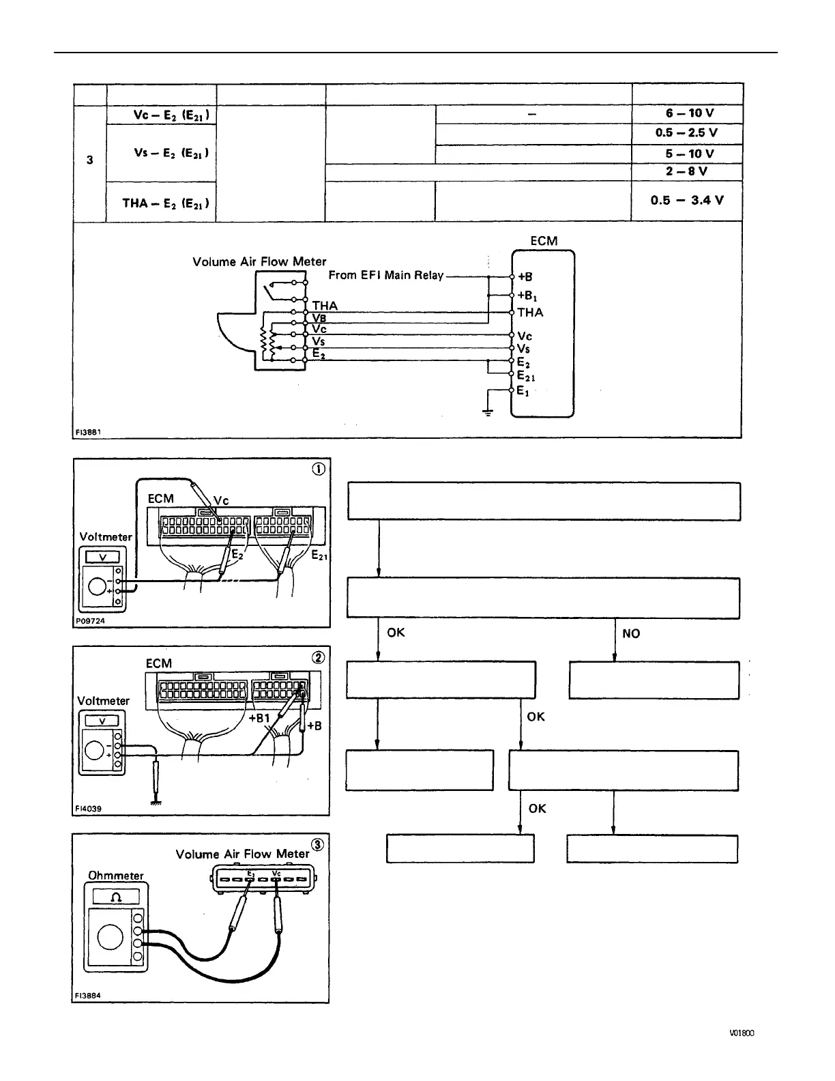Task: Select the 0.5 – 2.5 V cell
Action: click(686, 133)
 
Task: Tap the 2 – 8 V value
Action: click(686, 171)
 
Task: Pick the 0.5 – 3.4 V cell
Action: click(686, 200)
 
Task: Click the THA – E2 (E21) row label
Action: click(166, 203)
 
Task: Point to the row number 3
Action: click(90, 160)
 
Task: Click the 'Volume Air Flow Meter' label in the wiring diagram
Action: click(259, 261)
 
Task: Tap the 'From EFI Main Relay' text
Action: click(385, 275)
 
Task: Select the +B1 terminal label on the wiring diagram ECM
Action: click(527, 296)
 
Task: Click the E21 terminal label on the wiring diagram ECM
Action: click(526, 376)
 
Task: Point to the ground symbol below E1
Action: click(488, 412)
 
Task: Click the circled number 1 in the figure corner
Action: click(318, 469)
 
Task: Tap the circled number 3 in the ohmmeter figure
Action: click(317, 845)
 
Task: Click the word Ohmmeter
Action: click(116, 876)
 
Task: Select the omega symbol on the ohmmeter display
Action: click(116, 896)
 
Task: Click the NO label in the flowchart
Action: click(631, 633)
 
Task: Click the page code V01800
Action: click(741, 1033)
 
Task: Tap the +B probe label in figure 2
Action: click(314, 726)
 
